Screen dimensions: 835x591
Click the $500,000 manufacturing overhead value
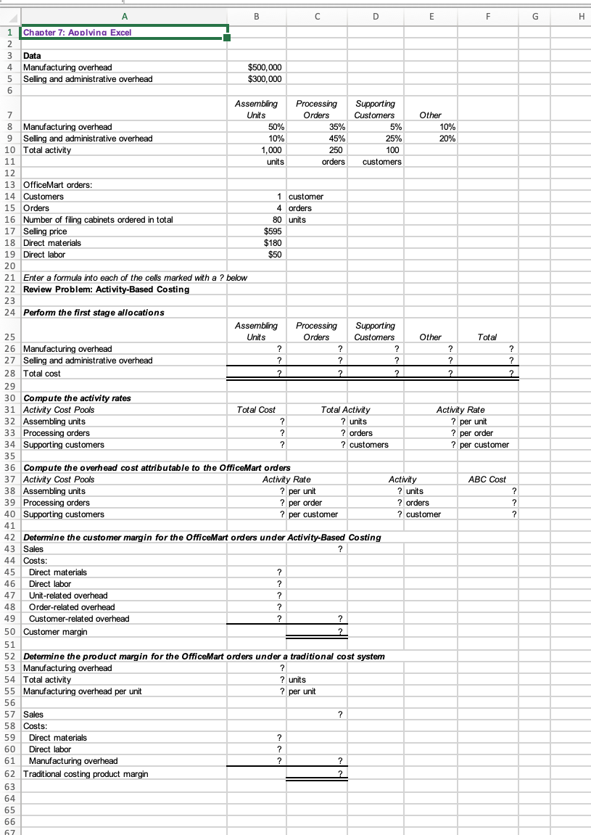coord(265,67)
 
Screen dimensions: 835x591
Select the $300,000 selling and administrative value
coord(265,79)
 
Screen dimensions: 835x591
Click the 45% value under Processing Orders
coord(336,139)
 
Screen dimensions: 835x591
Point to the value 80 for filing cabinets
coord(276,220)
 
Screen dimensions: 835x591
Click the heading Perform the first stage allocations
coord(94,313)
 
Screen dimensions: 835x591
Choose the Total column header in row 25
coord(487,337)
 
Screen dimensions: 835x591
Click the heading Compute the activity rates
coord(77,398)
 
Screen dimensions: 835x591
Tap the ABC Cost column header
coord(487,480)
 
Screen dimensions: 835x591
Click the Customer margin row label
coord(55,632)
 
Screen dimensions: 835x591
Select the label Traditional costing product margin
coord(86,774)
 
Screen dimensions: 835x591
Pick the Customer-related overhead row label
coord(79,619)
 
